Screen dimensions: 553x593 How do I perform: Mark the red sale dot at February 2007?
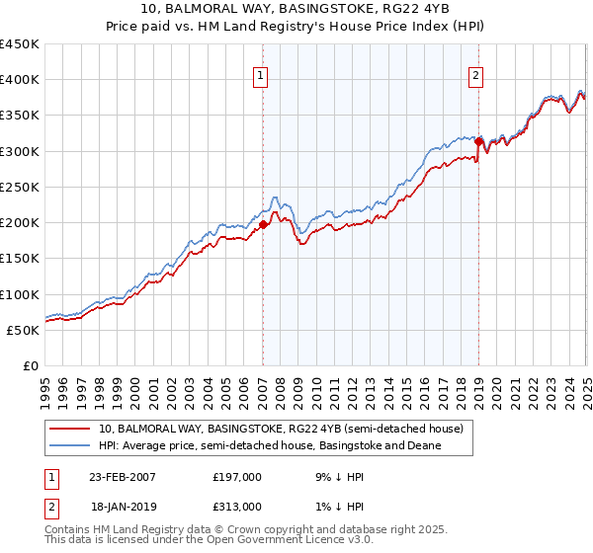(x=264, y=225)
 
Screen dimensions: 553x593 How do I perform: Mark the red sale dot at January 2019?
(x=478, y=142)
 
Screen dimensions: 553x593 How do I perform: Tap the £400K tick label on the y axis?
(x=19, y=80)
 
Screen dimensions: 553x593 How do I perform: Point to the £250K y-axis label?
(x=19, y=187)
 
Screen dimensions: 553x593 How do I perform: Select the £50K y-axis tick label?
(x=23, y=330)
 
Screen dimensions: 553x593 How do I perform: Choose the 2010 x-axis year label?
(x=315, y=391)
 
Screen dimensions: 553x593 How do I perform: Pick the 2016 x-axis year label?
(x=423, y=391)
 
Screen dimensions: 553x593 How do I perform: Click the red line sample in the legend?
(x=70, y=429)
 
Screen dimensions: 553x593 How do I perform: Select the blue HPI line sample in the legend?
(x=70, y=446)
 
